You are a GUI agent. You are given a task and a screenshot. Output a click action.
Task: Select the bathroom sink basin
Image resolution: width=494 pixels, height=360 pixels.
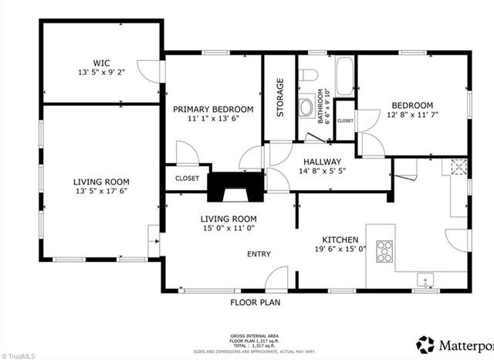click(x=307, y=106)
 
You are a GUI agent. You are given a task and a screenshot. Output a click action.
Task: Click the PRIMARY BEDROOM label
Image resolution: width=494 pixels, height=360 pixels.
click(x=212, y=109)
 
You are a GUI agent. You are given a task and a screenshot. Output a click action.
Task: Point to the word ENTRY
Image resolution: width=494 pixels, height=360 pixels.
click(x=258, y=254)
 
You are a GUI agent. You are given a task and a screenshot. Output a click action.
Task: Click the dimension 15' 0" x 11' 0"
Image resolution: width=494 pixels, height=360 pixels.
click(x=228, y=229)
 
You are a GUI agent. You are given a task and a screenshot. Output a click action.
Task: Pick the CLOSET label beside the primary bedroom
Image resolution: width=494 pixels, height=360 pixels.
click(x=187, y=178)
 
